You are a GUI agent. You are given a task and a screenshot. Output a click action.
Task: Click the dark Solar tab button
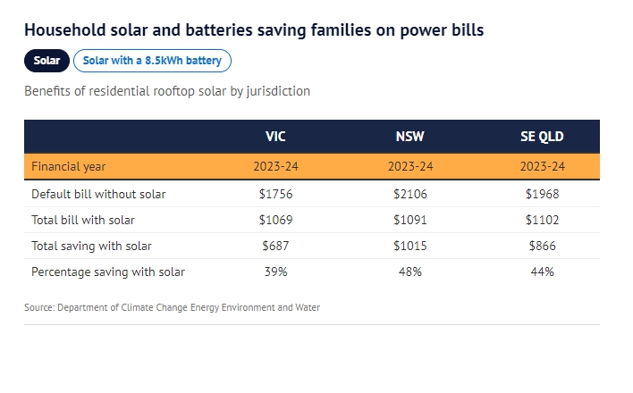coord(46,61)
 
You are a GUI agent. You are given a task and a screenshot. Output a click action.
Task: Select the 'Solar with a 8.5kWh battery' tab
coord(152,61)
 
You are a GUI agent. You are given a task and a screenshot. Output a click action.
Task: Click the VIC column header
coord(276,137)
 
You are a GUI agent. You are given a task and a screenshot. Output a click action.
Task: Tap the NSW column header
coord(410,137)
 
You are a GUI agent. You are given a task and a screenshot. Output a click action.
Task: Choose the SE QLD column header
coord(542,137)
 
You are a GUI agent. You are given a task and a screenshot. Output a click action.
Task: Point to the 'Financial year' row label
coord(69,167)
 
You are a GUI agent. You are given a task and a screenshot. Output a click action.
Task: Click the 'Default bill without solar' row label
coord(98,194)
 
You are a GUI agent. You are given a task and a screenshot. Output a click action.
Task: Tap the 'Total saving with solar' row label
coord(91,246)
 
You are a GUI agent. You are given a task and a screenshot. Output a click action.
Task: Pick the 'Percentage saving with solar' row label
coord(108,272)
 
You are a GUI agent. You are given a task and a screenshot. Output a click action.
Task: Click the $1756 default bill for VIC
coord(276,194)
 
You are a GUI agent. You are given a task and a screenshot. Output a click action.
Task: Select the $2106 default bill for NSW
coord(410,194)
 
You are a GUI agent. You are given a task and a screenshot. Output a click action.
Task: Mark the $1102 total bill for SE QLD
coord(542,220)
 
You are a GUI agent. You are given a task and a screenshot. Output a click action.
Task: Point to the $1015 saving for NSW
coord(410,246)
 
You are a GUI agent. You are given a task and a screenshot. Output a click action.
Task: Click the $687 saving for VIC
coord(276,246)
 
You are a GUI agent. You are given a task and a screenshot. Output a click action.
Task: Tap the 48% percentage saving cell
coord(410,272)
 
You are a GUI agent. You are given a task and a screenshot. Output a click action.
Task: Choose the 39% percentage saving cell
coord(276,272)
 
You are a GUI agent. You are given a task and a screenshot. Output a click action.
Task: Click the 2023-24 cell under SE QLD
coord(542,167)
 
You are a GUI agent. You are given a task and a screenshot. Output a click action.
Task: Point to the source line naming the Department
coord(172,307)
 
